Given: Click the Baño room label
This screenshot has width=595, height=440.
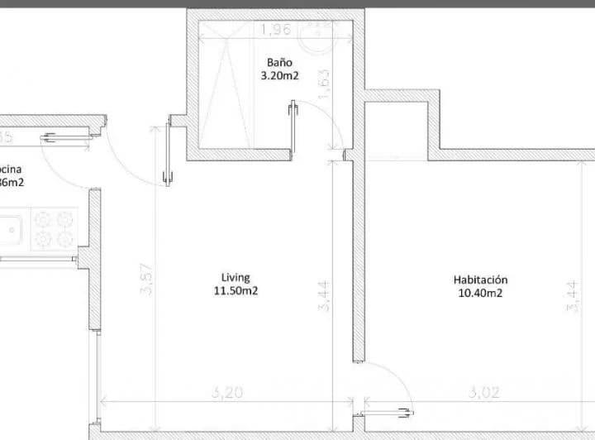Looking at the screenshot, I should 278,62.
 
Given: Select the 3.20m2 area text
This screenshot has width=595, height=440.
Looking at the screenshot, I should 278,75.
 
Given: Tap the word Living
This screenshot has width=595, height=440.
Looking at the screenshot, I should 236,277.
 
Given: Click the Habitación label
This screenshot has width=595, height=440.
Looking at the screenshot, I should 480,280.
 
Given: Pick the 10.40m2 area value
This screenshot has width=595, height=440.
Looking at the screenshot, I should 480,293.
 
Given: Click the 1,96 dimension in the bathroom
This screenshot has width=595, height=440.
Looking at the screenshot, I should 275,31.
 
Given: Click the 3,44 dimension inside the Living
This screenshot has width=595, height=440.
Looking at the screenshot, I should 324,296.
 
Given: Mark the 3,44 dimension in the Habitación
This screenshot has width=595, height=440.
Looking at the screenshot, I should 571,296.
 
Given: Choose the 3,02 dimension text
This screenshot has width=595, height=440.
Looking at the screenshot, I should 484,393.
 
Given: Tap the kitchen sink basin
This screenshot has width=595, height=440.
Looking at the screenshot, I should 11,229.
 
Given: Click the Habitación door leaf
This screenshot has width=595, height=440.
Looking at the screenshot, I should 386,408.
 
